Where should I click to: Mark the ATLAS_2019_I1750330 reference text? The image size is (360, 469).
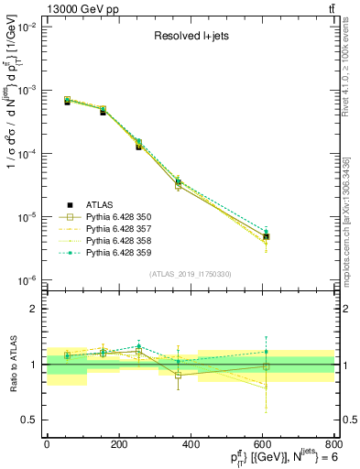tap(191, 273)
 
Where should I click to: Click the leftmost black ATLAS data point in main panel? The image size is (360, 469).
tap(67, 102)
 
